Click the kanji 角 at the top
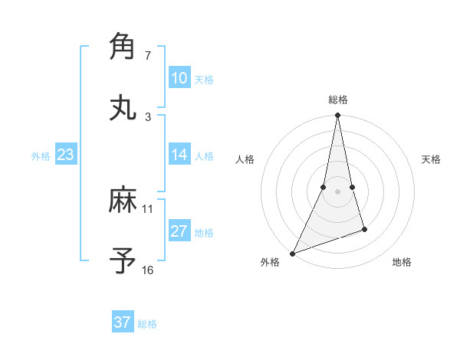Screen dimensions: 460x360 [123, 47]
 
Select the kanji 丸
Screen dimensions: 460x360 [123, 107]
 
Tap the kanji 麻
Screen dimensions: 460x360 [123, 201]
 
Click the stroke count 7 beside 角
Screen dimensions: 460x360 [147, 56]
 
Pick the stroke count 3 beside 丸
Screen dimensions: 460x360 [147, 116]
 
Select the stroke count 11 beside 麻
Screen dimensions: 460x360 [148, 208]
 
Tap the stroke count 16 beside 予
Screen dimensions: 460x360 [148, 270]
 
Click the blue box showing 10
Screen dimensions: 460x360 [179, 78]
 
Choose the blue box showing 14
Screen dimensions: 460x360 [179, 155]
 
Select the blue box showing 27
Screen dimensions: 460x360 [179, 231]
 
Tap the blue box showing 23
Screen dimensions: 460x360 [65, 155]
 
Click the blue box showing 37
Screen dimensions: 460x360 [122, 322]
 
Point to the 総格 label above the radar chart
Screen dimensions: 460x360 [338, 100]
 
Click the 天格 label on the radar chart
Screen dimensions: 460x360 [432, 159]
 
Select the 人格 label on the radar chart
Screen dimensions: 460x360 [245, 159]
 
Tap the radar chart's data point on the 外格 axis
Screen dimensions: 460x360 [293, 253]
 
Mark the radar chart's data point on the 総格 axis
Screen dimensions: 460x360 [338, 116]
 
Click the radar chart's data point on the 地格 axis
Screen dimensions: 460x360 [364, 229]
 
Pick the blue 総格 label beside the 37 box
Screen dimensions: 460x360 [147, 324]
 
